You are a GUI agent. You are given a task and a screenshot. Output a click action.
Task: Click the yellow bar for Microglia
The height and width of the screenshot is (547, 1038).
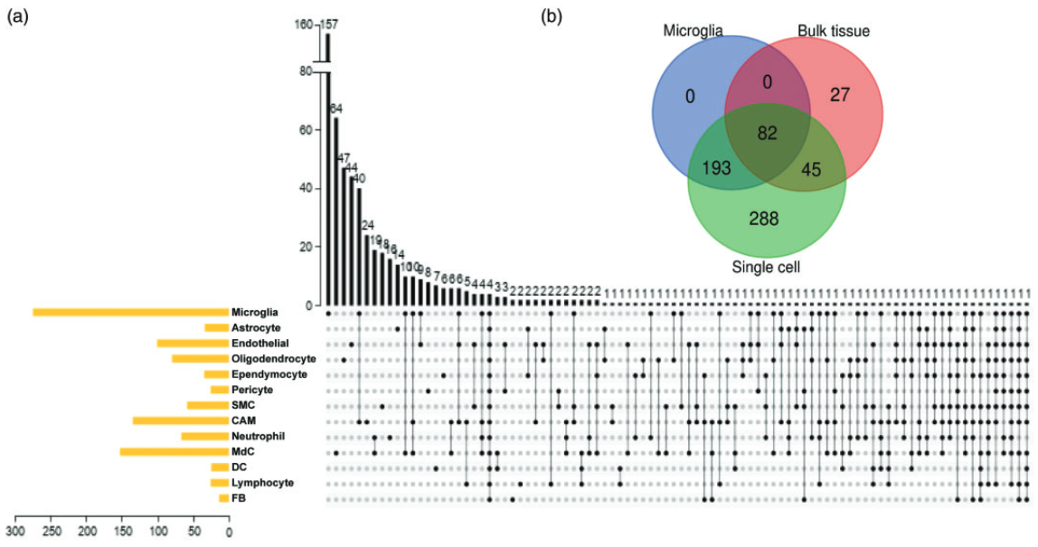[x=130, y=312]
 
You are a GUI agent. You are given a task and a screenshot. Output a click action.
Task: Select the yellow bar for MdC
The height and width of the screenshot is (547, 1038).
[x=174, y=451]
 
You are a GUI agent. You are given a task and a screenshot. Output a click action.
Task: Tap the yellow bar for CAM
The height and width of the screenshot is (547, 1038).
[x=180, y=420]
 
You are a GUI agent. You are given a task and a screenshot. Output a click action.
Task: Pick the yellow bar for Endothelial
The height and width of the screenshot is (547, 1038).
[x=192, y=343]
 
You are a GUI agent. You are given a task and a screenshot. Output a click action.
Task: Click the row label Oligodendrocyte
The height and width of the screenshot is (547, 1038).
[x=273, y=359]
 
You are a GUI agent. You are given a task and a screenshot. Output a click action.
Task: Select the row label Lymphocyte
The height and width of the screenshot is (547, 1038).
[x=262, y=483]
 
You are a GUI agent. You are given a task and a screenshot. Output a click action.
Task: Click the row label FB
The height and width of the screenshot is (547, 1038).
[x=239, y=498]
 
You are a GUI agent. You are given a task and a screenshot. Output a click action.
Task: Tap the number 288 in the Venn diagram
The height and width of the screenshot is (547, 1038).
[x=764, y=218]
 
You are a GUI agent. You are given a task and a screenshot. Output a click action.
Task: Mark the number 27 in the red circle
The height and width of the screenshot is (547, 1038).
[x=840, y=95]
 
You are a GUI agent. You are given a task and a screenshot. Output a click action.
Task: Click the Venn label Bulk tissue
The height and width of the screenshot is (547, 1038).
[x=833, y=32]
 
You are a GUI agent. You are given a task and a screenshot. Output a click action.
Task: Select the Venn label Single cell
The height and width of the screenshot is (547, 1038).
[x=765, y=268]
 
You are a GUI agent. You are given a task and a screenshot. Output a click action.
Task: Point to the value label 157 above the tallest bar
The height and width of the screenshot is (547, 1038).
[x=329, y=25]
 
